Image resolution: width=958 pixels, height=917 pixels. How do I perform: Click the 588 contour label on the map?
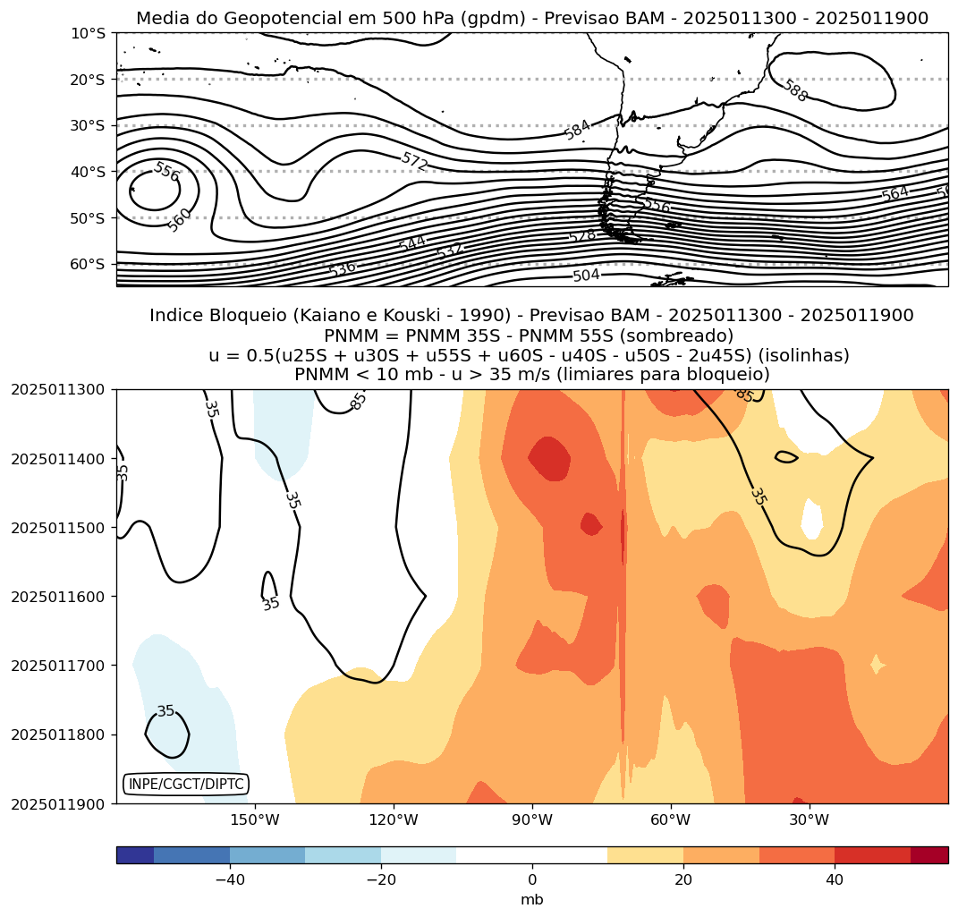(794, 90)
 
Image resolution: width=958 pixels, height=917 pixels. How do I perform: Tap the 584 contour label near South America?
(578, 130)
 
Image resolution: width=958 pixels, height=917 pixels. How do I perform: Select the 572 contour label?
(414, 161)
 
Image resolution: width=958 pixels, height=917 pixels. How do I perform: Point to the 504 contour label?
(586, 276)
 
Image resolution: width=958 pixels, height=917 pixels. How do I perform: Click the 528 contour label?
(581, 236)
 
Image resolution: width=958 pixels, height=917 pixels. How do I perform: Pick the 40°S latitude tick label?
(88, 172)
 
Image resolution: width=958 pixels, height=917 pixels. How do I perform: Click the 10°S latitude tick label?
(88, 33)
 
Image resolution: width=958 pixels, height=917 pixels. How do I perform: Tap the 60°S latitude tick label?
(88, 264)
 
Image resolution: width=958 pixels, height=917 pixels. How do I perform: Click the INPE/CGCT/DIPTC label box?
(185, 785)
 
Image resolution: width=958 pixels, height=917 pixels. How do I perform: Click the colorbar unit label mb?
(532, 900)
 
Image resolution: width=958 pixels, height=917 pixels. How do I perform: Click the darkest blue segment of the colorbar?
(135, 855)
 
